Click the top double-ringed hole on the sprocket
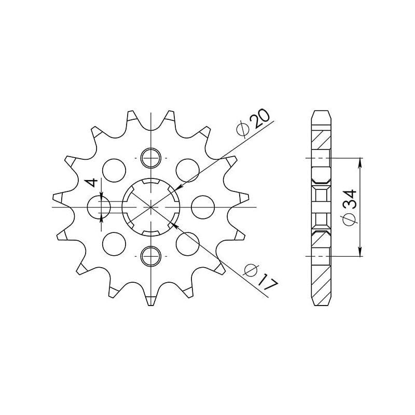click(151, 158)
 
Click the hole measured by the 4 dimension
click(99, 208)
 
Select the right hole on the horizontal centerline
click(203, 208)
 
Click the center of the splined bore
click(151, 208)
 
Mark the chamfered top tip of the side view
click(321, 112)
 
